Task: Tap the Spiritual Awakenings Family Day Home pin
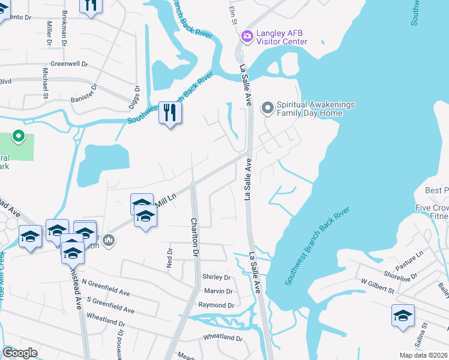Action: pyautogui.click(x=267, y=109)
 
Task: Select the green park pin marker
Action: pyautogui.click(x=18, y=137)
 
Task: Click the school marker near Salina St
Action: pyautogui.click(x=403, y=315)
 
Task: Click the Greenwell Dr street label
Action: pyautogui.click(x=69, y=63)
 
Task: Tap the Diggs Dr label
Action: pyautogui.click(x=137, y=97)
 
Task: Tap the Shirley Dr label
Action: pyautogui.click(x=217, y=277)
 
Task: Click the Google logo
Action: pyautogui.click(x=20, y=353)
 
